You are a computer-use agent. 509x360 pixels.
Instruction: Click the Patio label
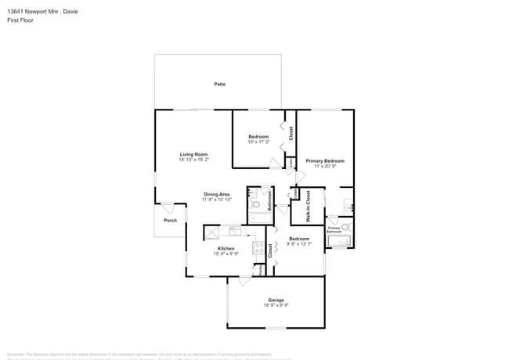pos(220,84)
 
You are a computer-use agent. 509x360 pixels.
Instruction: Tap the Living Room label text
pos(193,154)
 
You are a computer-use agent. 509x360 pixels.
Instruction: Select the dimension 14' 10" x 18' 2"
pos(193,160)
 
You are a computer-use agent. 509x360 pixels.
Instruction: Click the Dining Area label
pos(216,194)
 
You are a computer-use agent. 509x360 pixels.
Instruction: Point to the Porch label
pos(170,221)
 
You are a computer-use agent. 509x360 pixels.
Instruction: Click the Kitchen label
pos(226,248)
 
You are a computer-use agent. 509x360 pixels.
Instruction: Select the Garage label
pos(276,300)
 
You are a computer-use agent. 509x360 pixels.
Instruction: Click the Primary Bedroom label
pos(324,160)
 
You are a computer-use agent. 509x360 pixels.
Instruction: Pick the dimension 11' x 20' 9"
pos(324,166)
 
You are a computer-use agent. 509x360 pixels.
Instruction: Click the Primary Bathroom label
pos(334,231)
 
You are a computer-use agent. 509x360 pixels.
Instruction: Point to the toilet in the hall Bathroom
pos(255,204)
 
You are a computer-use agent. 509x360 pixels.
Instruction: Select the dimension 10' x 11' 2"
pos(258,142)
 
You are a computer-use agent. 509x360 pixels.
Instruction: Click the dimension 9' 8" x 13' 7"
pos(299,243)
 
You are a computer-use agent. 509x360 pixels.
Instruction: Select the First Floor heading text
pos(20,20)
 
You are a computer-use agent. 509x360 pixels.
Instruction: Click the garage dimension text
pos(276,305)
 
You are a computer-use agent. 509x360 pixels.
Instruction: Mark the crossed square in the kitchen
pos(212,232)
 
